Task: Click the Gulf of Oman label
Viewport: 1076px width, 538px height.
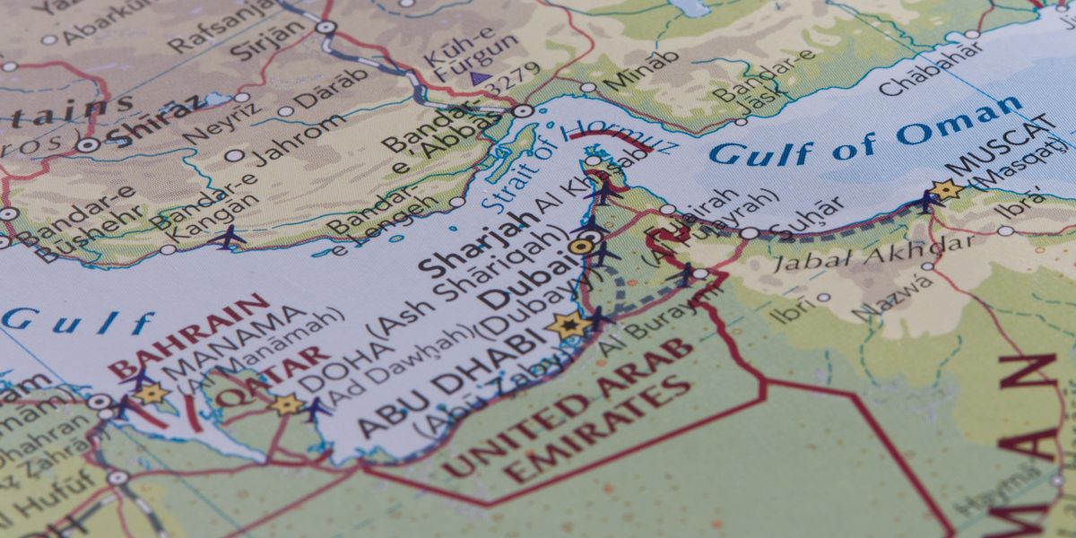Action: click(x=864, y=134)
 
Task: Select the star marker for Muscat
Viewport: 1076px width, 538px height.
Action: click(x=944, y=189)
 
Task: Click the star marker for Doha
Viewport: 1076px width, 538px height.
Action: click(x=287, y=404)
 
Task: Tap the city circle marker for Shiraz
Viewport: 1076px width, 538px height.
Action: click(x=87, y=144)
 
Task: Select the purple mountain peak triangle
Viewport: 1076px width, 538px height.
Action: click(x=476, y=80)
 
